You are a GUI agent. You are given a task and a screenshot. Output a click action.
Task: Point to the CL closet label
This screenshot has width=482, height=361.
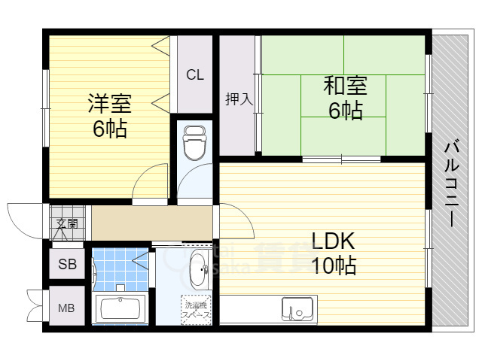(195, 74)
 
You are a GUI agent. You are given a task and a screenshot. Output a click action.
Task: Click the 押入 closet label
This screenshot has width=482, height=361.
(238, 99)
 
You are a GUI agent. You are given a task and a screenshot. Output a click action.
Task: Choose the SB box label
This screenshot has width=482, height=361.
(67, 264)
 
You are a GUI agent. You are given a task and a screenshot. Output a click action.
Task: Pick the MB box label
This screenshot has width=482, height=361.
(67, 308)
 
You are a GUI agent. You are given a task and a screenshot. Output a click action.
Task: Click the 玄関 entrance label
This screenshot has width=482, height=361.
(67, 223)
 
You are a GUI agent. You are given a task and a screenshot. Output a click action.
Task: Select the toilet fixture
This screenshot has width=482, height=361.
(194, 143)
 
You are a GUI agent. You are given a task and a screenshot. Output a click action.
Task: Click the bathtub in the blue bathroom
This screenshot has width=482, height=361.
(121, 309)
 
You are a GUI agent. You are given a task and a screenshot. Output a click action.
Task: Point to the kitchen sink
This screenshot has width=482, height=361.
(297, 309)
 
